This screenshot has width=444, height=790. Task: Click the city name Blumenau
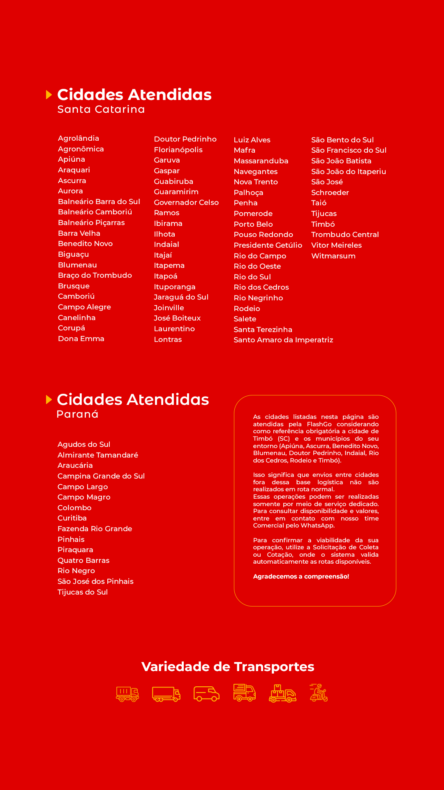point(77,265)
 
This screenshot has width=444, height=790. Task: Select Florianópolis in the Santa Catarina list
point(178,150)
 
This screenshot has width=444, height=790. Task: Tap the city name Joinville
point(169,308)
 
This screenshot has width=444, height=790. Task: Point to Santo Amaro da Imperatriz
point(283,340)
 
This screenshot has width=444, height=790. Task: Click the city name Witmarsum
point(333,256)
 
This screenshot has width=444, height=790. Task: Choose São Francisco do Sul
point(349,150)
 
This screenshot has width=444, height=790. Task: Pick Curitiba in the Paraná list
point(72,518)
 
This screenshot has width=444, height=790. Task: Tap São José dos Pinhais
point(95,581)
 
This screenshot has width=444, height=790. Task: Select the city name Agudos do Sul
point(84,444)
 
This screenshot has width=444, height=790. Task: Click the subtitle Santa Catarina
point(101,109)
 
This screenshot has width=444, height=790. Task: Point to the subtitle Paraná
point(77,414)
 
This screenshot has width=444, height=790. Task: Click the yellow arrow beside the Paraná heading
point(49,400)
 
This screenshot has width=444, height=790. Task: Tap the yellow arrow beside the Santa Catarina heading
point(49,95)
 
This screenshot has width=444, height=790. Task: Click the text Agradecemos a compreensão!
point(301,576)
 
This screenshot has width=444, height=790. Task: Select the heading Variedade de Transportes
point(228,667)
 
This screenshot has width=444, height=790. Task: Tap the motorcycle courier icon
point(319,693)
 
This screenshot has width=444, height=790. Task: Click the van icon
point(206,693)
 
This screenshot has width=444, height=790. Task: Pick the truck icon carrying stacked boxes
point(282,693)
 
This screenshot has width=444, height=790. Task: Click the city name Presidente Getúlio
point(268,245)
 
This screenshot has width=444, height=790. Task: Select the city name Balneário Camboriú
point(95,212)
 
